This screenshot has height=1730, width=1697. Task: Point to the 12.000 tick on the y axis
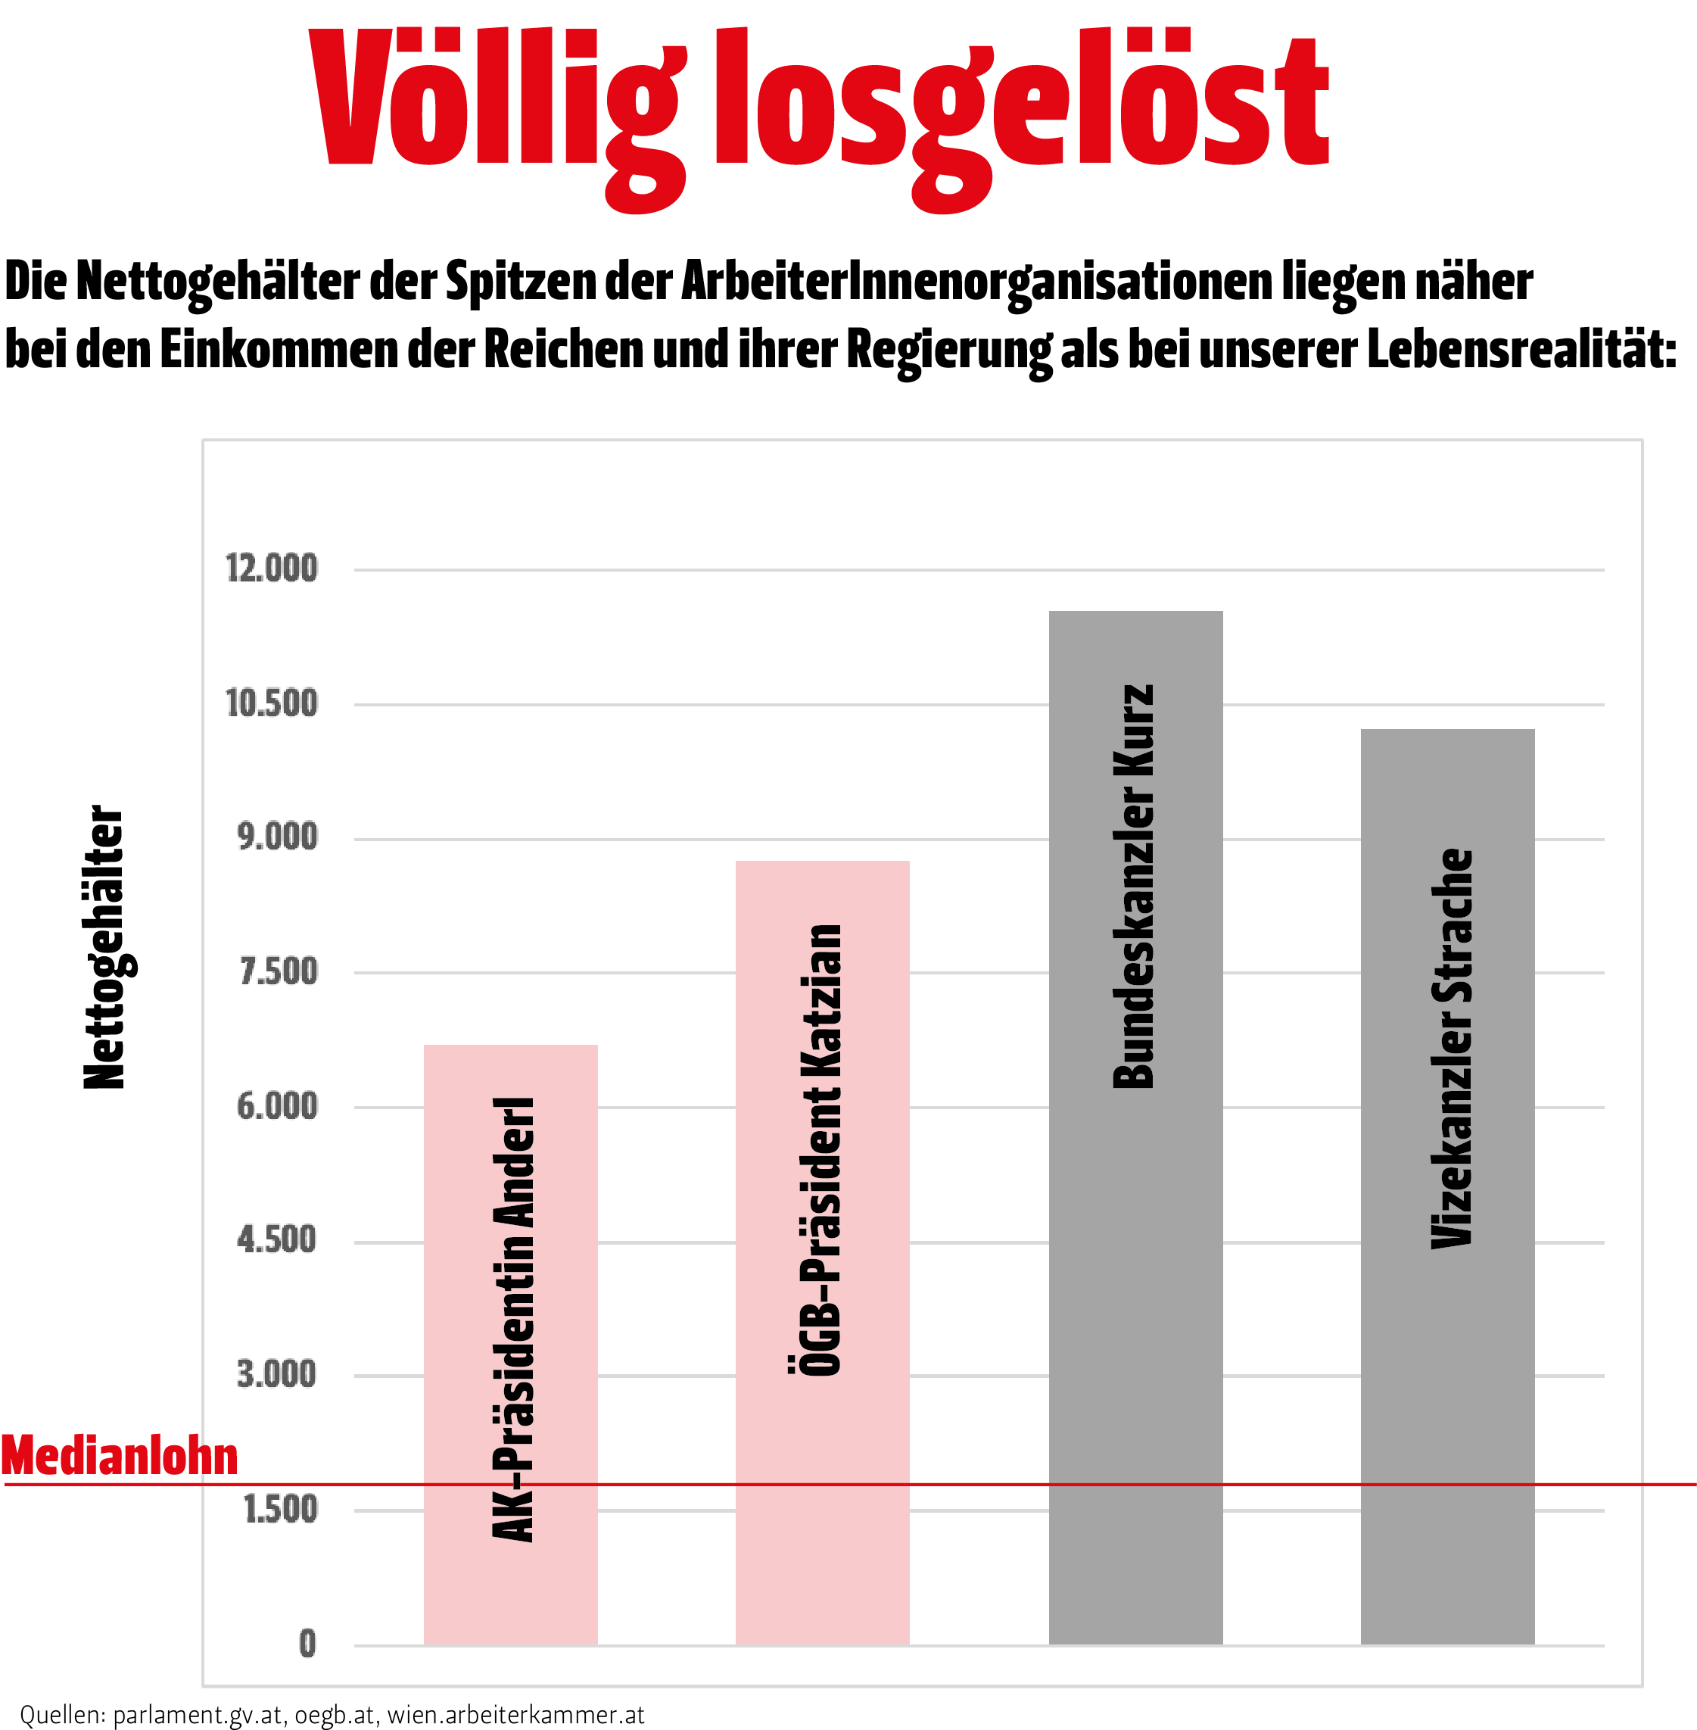coord(272,569)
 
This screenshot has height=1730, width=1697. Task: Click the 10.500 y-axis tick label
coord(272,703)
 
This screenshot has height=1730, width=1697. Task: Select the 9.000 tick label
coord(277,837)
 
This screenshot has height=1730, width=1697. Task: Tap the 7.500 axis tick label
coord(278,971)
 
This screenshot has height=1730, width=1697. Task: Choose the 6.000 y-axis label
coord(277,1106)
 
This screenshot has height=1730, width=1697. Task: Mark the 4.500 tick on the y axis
coord(277,1240)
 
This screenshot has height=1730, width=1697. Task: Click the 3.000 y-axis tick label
coord(277,1374)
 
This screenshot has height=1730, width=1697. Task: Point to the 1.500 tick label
coord(281,1509)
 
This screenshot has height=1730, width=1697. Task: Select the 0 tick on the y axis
coord(307,1643)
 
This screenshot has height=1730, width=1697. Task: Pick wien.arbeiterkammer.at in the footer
coord(516,1714)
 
